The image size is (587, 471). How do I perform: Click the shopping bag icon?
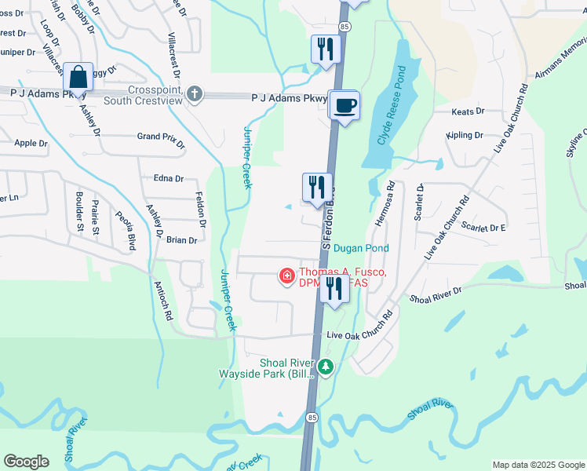pos(78,78)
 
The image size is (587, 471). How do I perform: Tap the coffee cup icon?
pos(345,105)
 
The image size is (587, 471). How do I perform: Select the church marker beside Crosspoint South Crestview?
pos(195,94)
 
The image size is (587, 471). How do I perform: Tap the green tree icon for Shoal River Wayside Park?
pos(325,367)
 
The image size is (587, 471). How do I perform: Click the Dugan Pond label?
pos(361,248)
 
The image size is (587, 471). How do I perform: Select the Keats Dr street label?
pos(468,112)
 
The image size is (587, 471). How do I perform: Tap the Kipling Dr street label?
pos(464,136)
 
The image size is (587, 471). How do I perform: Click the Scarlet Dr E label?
pos(483,227)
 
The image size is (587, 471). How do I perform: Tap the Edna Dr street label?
pos(168,179)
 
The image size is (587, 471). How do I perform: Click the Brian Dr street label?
pos(181,240)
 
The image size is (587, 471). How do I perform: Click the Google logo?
pos(26,462)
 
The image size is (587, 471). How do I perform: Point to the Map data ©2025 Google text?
pos(538,465)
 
